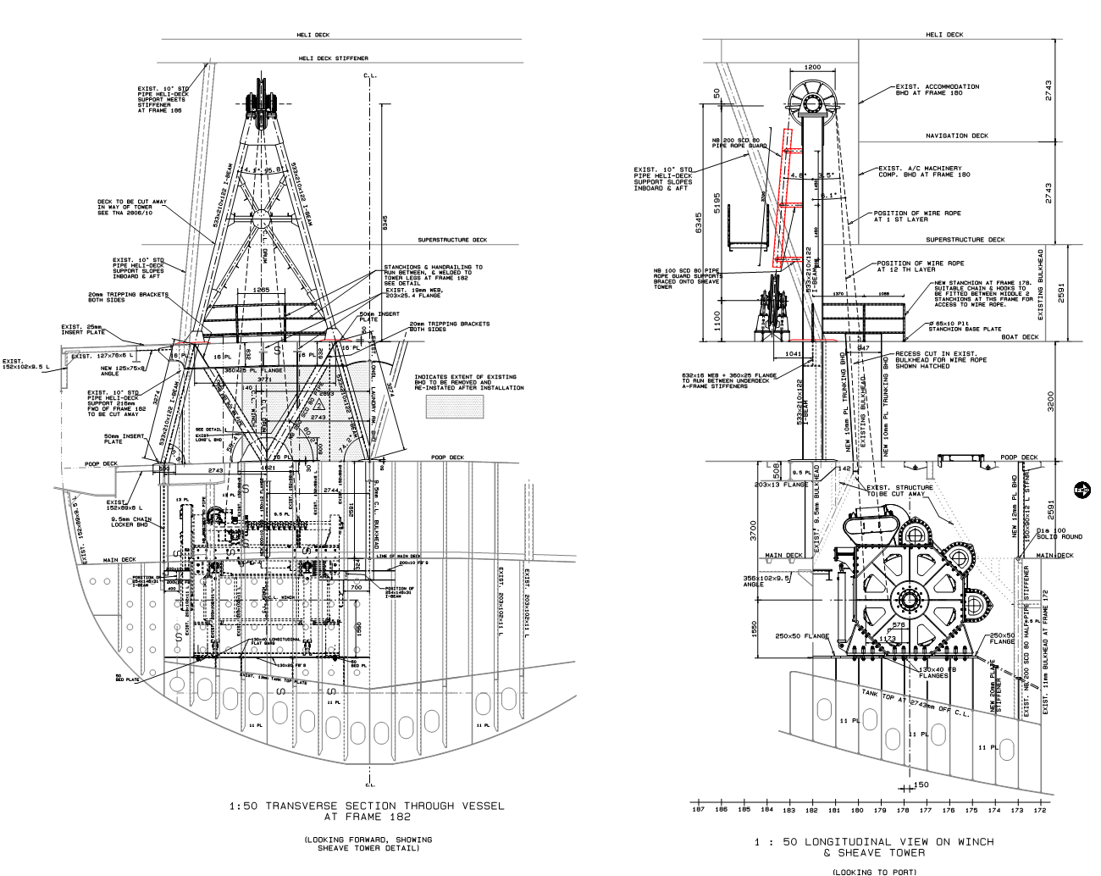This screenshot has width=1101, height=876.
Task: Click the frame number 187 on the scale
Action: tap(699, 810)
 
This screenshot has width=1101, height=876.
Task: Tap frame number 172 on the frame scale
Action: tap(1039, 810)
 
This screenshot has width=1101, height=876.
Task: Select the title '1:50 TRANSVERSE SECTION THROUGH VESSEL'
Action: tap(366, 806)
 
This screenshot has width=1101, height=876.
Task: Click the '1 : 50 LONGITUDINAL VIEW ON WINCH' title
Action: tap(874, 841)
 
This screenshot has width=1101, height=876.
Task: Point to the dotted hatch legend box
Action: tap(456, 407)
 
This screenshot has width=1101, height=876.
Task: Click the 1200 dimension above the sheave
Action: tap(812, 67)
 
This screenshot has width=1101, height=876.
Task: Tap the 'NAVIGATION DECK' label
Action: tap(956, 136)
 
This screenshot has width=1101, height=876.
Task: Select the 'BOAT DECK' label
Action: tap(1020, 337)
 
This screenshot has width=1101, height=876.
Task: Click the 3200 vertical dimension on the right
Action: tap(1050, 401)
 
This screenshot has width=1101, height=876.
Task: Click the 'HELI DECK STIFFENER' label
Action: tap(333, 58)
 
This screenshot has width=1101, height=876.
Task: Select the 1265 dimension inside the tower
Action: tap(260, 290)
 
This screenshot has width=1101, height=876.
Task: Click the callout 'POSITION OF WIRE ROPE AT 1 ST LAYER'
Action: tap(905, 216)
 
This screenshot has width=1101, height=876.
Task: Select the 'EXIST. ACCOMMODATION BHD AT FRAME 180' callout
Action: tap(937, 89)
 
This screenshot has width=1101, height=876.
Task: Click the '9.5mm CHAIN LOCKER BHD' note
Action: tap(134, 523)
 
